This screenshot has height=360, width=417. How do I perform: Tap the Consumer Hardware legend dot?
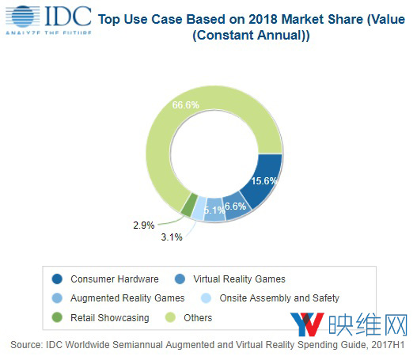click(58, 279)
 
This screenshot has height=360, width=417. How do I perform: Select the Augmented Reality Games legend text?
click(127, 298)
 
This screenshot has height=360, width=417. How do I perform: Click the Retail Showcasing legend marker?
click(58, 318)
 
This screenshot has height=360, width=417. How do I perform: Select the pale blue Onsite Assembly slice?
click(200, 208)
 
